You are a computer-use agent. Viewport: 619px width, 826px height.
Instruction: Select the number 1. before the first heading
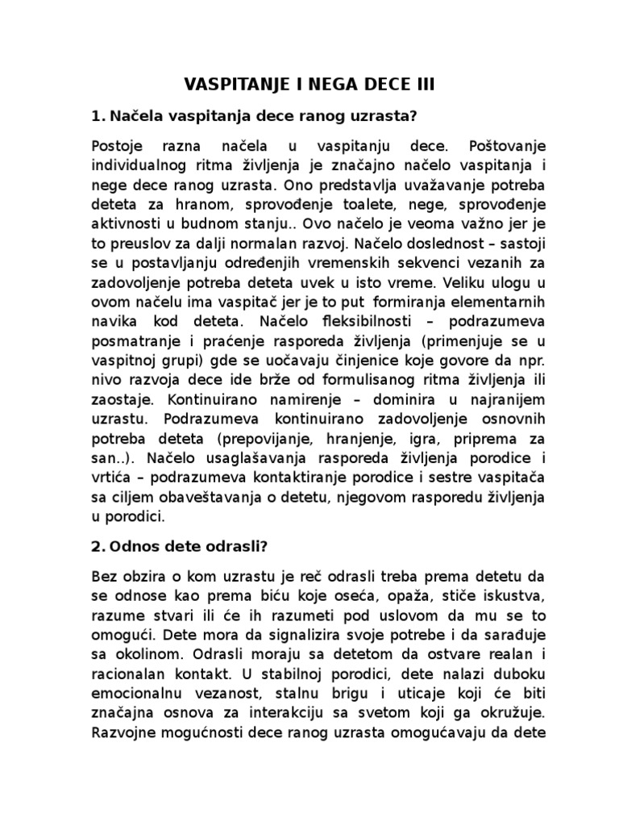(x=101, y=116)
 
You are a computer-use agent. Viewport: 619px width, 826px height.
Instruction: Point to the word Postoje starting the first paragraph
(x=119, y=146)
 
